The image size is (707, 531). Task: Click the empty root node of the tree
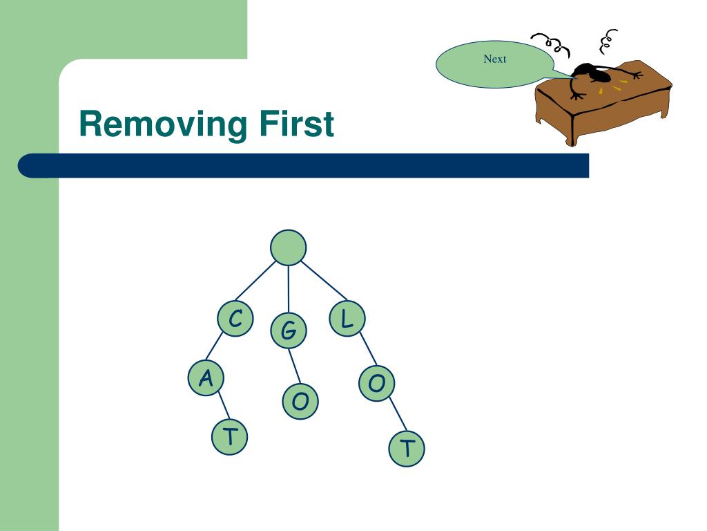point(288,248)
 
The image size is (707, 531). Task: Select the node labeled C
point(235,318)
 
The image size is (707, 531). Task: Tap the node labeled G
point(289,330)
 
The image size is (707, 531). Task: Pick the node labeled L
point(347,318)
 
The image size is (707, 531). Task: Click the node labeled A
point(206,378)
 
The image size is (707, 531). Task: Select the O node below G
point(300,402)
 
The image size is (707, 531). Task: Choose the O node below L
point(376,383)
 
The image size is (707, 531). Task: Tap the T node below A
point(229,437)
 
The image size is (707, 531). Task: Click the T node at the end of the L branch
point(406,448)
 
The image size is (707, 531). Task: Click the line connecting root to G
point(289,289)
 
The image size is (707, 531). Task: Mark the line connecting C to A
point(214,346)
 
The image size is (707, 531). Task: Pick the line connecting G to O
point(294,366)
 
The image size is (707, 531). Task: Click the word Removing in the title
point(163,124)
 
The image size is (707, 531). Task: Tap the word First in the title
point(296,123)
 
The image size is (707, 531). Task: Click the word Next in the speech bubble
point(494,59)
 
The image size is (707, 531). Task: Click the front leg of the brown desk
point(572,131)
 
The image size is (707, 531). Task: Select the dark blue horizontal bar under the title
point(303,166)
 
